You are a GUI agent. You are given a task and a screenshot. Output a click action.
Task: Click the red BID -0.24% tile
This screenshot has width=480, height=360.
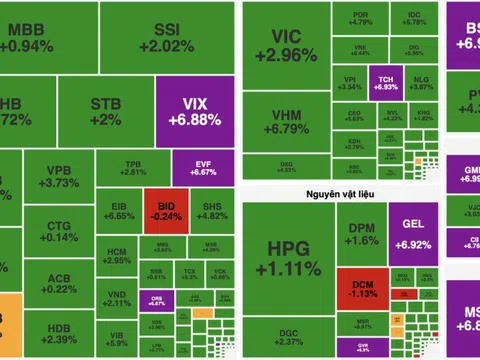pyautogui.click(x=158, y=204)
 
